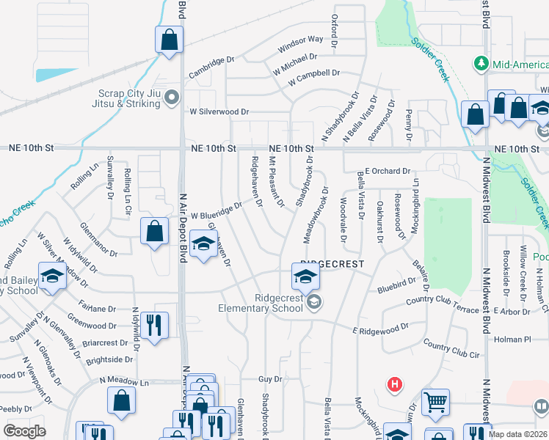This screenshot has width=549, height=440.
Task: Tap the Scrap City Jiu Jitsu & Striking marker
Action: [172, 97]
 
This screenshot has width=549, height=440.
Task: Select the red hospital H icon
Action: [395, 384]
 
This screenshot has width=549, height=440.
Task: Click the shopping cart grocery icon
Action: [435, 400]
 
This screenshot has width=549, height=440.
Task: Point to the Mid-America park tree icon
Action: [481, 63]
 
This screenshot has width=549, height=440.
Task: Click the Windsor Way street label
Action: [300, 44]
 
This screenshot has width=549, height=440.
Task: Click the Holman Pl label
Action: [512, 340]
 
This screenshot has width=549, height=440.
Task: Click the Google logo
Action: [24, 430]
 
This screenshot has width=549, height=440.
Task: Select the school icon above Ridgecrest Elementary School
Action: [305, 276]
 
